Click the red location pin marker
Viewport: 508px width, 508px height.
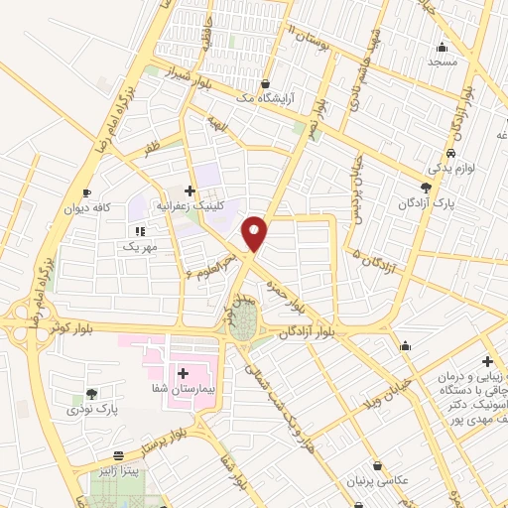tap(255, 232)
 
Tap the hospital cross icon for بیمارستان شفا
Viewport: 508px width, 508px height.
tap(184, 373)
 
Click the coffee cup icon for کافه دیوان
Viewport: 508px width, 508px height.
tap(86, 191)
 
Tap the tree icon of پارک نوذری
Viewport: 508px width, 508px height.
tap(92, 394)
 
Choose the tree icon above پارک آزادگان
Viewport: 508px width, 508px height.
tap(427, 188)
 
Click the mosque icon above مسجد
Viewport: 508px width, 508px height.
tap(442, 46)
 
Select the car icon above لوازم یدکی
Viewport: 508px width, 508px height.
tap(451, 154)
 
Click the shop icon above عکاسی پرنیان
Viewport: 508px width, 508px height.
tap(378, 465)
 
